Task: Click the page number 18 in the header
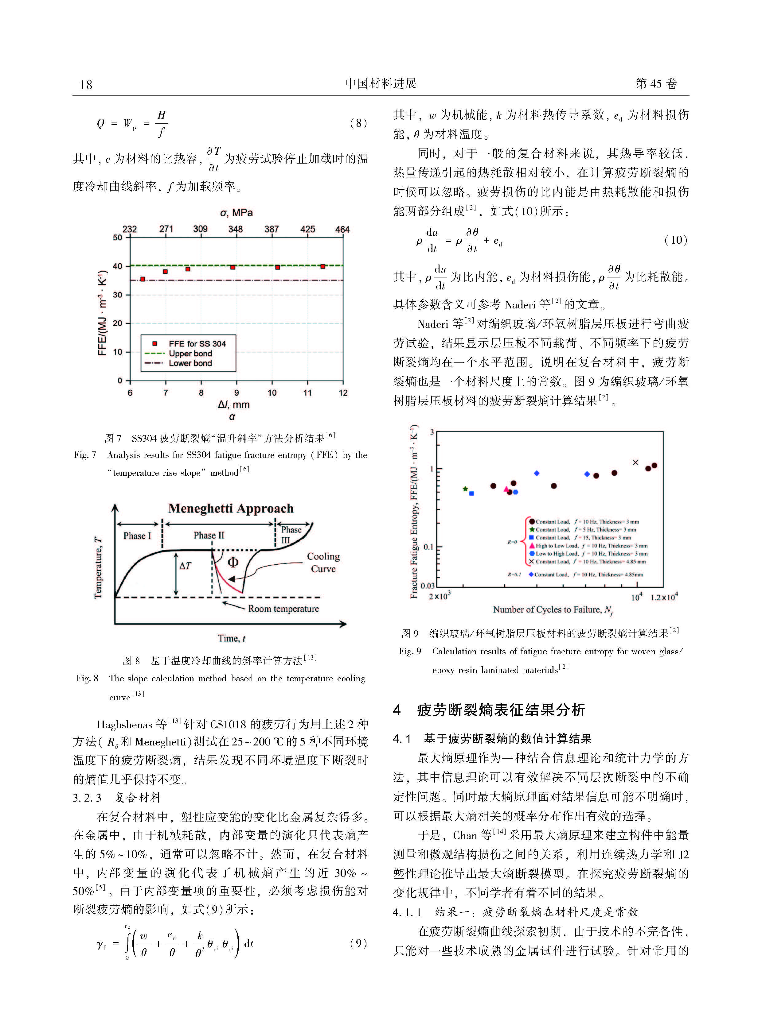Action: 86,84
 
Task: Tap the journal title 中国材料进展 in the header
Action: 381,83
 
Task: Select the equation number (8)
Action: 358,123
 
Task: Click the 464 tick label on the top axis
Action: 342,229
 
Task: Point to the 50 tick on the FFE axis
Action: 118,238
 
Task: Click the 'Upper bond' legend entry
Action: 190,354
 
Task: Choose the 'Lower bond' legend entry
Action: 190,363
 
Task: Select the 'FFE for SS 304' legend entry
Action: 197,344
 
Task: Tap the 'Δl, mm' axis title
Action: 233,405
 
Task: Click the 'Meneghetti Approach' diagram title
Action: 231,509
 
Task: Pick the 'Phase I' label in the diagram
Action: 137,536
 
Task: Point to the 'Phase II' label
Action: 209,535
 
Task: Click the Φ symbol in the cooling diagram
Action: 233,562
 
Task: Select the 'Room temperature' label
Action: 283,609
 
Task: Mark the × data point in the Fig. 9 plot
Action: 635,462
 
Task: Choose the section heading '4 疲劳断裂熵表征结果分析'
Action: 489,710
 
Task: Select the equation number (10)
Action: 676,240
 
